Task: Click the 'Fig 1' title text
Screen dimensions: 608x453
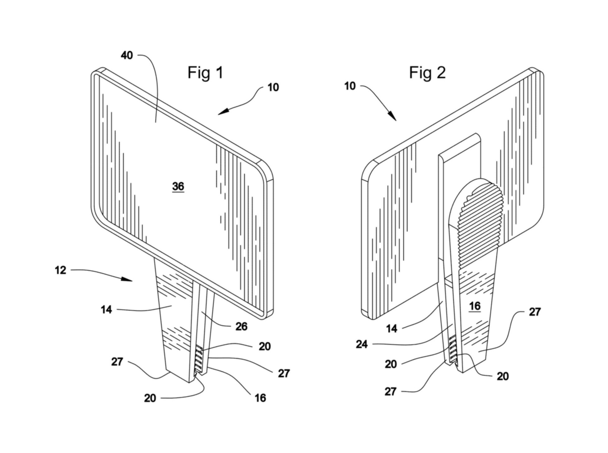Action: pos(205,73)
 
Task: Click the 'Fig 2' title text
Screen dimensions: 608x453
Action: pos(427,73)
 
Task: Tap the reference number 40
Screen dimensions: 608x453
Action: pos(127,56)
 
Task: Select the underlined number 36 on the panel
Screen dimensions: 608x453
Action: pos(178,186)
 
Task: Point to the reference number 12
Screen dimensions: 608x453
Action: pos(60,270)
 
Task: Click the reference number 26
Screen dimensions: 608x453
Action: pos(241,326)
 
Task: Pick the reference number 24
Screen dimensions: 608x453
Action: pos(362,344)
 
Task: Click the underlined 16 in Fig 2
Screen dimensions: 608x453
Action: pos(475,306)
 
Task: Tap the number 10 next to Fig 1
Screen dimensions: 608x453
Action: pos(273,87)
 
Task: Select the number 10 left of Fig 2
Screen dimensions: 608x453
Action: pos(350,86)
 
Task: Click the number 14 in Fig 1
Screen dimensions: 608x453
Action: pos(106,309)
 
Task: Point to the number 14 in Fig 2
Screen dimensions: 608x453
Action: pos(391,329)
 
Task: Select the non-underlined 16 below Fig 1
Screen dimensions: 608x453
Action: pos(260,398)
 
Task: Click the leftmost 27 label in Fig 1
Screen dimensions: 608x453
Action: pos(117,362)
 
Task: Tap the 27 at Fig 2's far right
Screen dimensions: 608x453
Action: pos(534,312)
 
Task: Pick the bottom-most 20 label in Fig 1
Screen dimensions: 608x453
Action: pos(150,398)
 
